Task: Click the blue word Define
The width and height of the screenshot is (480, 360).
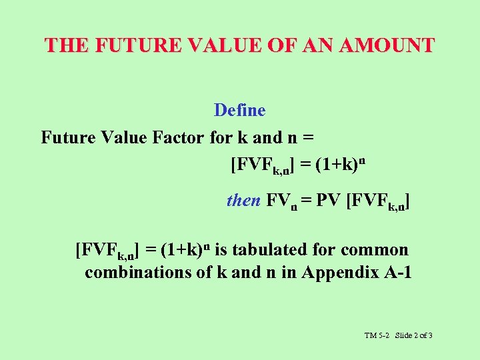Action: click(239, 110)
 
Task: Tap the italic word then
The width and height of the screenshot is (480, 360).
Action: click(243, 200)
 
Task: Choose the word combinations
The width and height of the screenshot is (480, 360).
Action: click(135, 273)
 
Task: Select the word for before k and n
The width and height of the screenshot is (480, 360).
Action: click(220, 138)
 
